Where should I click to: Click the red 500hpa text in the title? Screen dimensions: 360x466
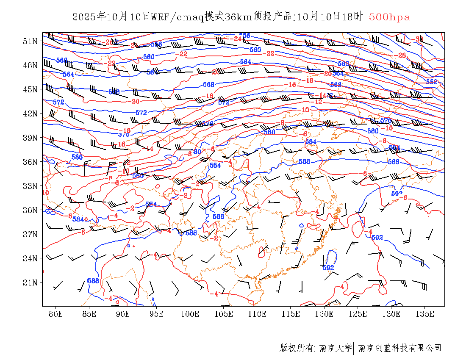389,17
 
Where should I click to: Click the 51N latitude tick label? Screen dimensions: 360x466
30,41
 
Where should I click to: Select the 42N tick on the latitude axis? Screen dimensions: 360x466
30,114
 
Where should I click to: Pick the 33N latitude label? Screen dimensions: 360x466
30,186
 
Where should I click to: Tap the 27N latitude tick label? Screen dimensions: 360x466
30,234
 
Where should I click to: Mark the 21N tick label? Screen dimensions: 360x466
30,282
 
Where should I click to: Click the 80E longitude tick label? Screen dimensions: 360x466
55,314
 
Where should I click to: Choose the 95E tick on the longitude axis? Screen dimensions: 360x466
156,314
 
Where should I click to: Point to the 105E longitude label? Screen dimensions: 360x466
224,314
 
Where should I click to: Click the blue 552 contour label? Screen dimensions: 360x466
431,82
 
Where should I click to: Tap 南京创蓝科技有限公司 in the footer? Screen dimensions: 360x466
399,348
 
